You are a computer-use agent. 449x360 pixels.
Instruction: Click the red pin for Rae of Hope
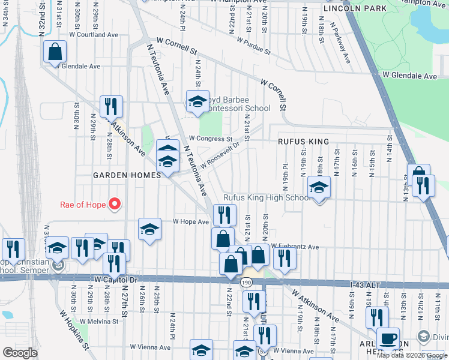click(114, 204)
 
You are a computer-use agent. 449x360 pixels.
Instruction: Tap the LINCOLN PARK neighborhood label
click(354, 9)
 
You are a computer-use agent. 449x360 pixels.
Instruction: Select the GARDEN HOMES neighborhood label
click(127, 175)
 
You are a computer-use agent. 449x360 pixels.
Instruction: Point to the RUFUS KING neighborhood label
click(303, 142)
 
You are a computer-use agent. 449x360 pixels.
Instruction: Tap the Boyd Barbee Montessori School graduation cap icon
click(197, 103)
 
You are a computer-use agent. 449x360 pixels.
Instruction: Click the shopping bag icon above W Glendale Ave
click(55, 53)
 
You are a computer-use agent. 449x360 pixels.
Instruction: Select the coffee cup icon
click(388, 338)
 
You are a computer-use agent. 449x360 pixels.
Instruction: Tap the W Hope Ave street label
click(190, 221)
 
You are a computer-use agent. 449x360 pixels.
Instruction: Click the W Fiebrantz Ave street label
click(294, 246)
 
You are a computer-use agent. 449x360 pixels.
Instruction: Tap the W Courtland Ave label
click(93, 35)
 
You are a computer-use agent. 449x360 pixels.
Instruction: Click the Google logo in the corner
click(21, 353)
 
